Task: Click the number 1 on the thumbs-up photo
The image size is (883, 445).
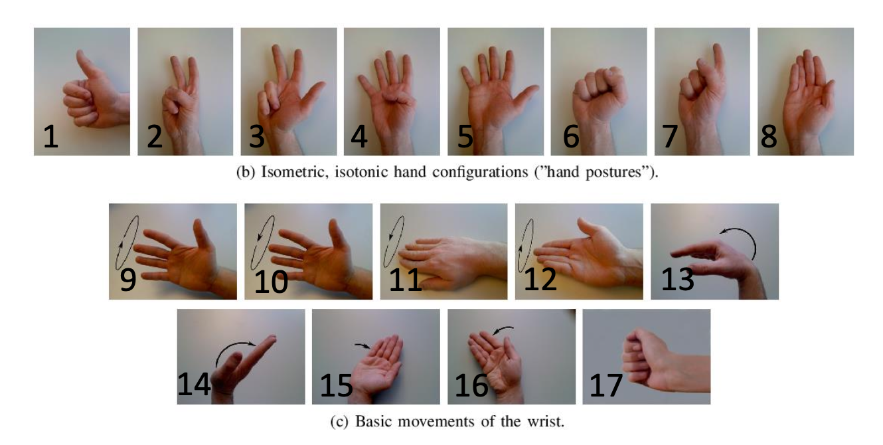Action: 51,137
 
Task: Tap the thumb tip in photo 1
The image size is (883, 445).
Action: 80,53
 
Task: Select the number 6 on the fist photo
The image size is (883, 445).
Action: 571,137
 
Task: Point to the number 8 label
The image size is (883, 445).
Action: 769,137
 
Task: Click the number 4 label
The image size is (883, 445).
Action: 359,137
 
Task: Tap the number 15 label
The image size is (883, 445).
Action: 336,385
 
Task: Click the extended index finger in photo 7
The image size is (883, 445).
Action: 718,59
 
